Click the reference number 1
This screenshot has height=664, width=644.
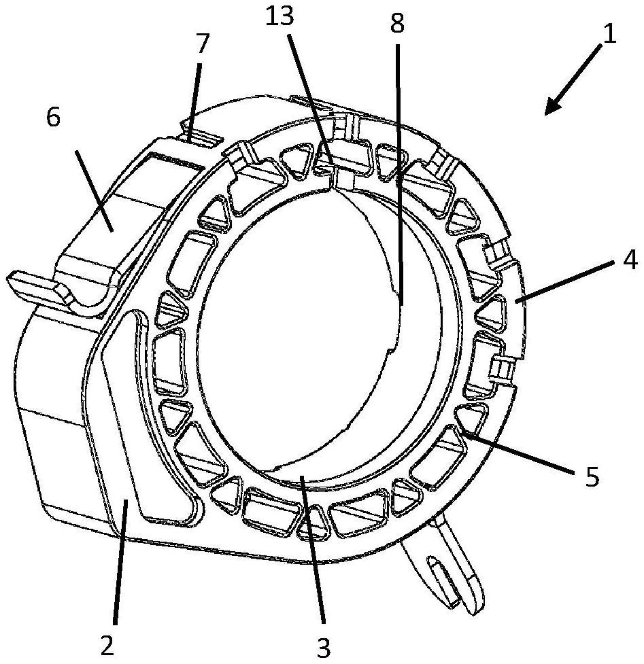[609, 33]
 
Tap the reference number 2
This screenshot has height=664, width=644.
[106, 645]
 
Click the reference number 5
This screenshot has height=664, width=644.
[592, 476]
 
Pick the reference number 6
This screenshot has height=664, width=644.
[53, 117]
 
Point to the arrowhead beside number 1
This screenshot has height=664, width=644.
[552, 108]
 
